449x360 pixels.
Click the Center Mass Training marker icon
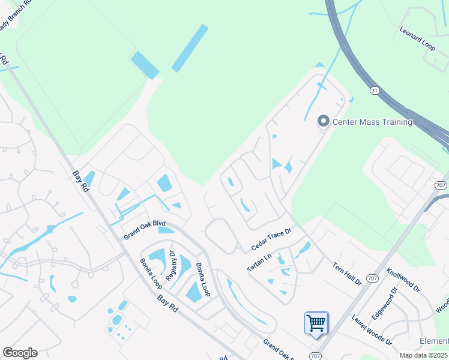(x=324, y=122)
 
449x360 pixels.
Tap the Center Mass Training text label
(x=372, y=122)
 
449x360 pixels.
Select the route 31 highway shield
(x=375, y=91)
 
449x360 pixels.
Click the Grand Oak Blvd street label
(x=144, y=228)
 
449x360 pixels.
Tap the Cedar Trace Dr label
(x=271, y=238)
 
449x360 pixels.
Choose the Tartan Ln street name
(x=259, y=262)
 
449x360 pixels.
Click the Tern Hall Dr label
(x=346, y=273)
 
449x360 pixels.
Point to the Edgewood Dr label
(x=385, y=304)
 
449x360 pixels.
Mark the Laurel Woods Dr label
(x=372, y=330)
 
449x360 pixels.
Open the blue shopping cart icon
(x=316, y=323)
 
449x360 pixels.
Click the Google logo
(x=20, y=353)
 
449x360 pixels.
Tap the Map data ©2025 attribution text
(x=423, y=355)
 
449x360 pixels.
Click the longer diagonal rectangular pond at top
(x=190, y=49)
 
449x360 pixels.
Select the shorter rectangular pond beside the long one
(x=145, y=65)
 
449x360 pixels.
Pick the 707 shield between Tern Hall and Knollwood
(x=372, y=278)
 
